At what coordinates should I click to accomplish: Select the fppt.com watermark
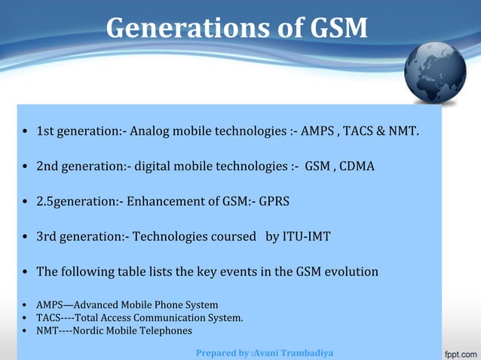coord(458,352)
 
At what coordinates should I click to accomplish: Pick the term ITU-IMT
coord(307,236)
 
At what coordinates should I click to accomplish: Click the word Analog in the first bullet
coord(149,133)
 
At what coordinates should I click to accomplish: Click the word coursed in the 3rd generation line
coord(232,236)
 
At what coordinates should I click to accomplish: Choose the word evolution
coord(351,271)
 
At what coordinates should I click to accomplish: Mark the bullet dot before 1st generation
coord(26,133)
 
